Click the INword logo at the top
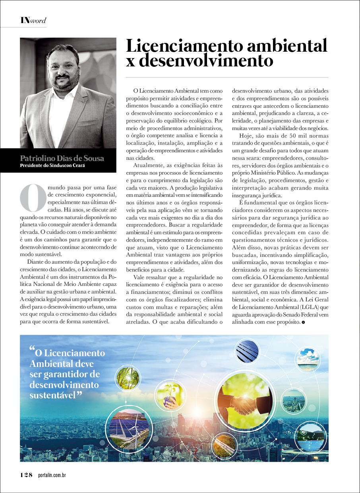[33, 20]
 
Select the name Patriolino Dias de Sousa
[62, 159]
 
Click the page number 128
[26, 475]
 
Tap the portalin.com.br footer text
[57, 476]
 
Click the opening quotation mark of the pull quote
[32, 350]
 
